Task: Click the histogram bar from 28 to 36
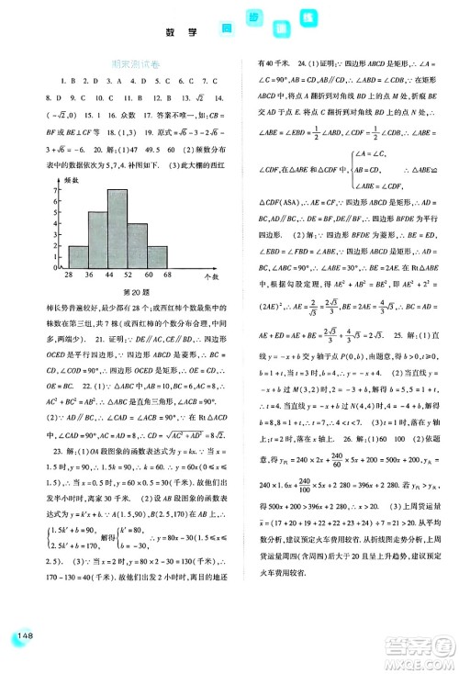[78, 254]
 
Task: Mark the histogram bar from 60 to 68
[156, 254]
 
